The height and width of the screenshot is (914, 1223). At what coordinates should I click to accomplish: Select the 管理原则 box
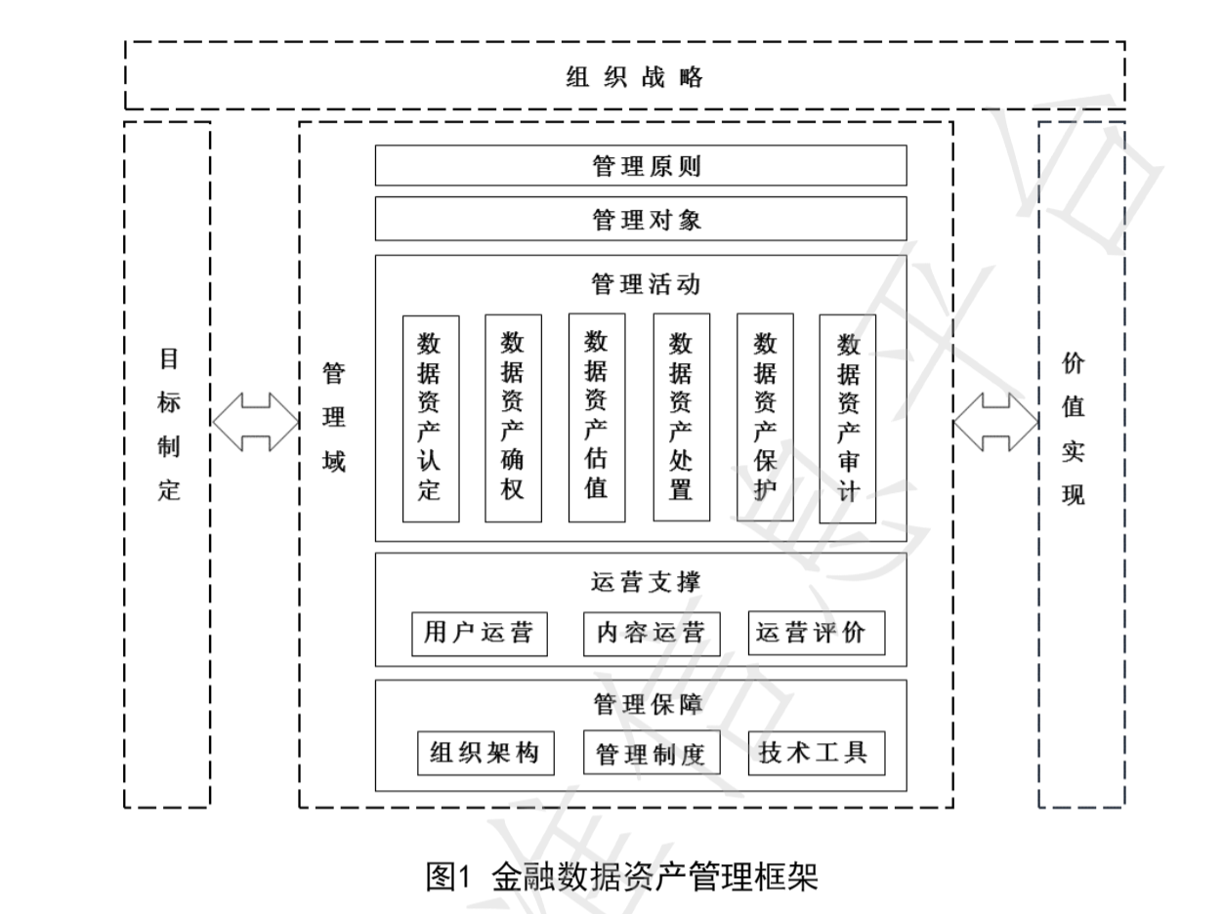click(641, 166)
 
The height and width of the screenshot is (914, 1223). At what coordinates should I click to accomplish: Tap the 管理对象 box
click(641, 220)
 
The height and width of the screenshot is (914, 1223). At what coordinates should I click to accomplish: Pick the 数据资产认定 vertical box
click(431, 418)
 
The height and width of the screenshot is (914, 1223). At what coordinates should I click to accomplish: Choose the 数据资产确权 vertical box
click(513, 418)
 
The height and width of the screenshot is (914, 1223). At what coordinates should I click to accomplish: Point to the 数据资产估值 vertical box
click(597, 418)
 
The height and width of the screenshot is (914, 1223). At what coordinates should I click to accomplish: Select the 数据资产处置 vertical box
click(681, 418)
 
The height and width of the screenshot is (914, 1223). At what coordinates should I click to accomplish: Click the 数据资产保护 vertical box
click(765, 418)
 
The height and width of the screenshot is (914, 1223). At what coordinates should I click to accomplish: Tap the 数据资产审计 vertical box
click(848, 418)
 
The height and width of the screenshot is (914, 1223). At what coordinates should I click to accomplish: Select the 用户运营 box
click(479, 633)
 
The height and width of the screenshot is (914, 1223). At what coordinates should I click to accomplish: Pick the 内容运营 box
click(651, 633)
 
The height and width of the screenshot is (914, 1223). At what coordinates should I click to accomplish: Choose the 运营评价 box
click(817, 633)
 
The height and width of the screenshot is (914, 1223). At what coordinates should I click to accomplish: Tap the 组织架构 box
click(479, 753)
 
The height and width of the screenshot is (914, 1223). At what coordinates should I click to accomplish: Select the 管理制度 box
click(651, 753)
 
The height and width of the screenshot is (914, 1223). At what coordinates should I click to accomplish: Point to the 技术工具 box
click(817, 753)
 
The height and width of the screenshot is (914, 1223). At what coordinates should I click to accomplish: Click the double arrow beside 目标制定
click(255, 423)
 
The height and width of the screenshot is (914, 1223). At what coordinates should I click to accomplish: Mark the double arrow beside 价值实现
click(996, 423)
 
